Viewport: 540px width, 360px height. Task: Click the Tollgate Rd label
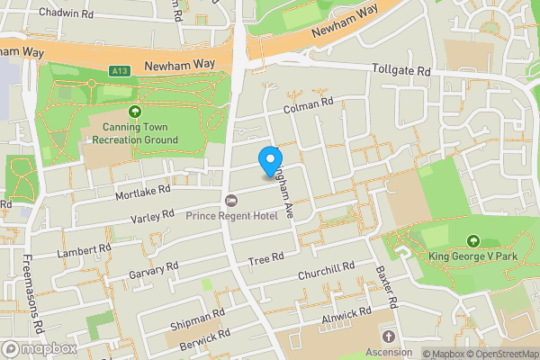pos(401,69)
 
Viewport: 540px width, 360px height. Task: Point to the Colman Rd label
pos(309,107)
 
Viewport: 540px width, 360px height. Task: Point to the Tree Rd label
pos(266,258)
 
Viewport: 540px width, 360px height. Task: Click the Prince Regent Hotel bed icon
pos(231,200)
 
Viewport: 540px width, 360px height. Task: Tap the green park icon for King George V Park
pos(473,241)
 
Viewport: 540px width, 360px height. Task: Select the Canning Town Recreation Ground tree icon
pos(135,112)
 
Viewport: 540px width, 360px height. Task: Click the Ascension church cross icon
pos(390,336)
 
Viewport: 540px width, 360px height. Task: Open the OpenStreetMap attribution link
pos(502,354)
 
